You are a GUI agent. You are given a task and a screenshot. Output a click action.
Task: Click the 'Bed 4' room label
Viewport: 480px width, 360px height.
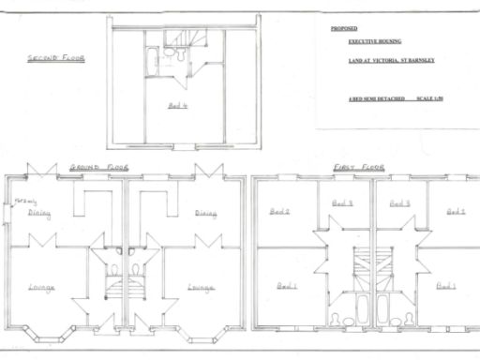tap(178, 106)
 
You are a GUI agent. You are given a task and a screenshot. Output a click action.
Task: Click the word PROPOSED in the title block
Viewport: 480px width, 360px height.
tap(344, 29)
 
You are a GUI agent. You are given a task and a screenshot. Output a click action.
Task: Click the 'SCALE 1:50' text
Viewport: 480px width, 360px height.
tap(431, 97)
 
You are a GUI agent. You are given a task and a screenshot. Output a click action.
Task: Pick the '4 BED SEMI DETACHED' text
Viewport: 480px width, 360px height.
tap(370, 97)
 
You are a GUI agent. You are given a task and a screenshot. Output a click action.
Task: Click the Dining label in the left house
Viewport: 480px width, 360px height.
tap(39, 213)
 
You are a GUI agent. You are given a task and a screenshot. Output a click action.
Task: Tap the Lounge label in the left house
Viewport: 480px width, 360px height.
tap(41, 287)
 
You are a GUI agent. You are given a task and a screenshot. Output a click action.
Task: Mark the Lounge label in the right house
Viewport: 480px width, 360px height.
tap(200, 287)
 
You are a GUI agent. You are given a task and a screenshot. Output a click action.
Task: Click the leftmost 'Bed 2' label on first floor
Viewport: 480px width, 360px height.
tap(280, 212)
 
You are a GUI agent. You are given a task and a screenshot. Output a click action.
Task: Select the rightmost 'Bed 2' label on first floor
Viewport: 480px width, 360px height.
tap(457, 212)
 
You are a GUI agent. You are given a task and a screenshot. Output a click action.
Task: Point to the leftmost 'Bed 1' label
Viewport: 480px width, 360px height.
tap(287, 285)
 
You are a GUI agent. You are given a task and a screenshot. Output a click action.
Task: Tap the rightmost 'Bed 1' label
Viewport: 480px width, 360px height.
tap(446, 285)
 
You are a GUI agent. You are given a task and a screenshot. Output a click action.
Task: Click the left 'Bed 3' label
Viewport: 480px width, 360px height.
tap(343, 202)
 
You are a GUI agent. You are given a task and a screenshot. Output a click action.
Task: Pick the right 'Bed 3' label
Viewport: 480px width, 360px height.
tap(399, 202)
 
